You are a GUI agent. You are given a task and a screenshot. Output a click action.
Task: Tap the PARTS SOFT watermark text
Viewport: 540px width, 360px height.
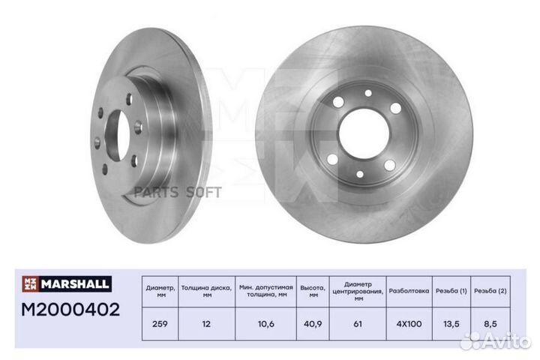point(178,192)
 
